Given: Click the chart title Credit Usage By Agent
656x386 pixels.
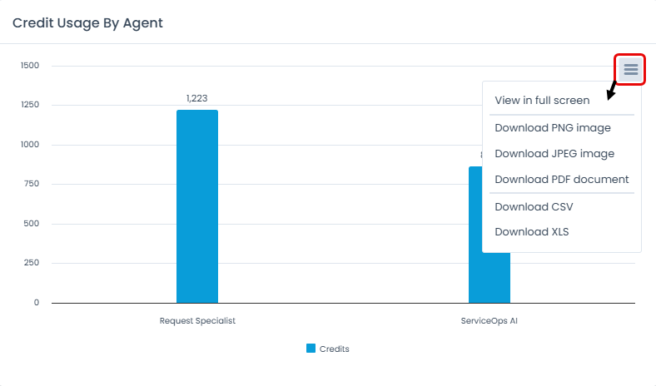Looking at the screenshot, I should click(x=87, y=22).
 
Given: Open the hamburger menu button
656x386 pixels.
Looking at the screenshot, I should click(x=630, y=69).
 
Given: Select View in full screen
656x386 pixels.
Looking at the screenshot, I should click(x=542, y=100).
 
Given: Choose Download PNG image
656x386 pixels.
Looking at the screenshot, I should click(x=553, y=127).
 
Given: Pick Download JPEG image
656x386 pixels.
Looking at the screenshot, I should click(x=554, y=153).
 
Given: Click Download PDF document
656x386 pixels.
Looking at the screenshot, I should click(x=562, y=179).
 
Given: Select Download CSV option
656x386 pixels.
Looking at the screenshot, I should click(x=534, y=206).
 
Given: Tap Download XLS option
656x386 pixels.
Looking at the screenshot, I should click(x=532, y=231).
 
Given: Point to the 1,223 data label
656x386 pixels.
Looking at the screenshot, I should click(x=197, y=98).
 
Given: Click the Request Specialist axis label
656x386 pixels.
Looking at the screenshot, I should click(x=197, y=320).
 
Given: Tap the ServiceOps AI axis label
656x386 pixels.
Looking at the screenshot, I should click(x=490, y=320).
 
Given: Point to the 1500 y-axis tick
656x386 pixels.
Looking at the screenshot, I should click(x=30, y=65).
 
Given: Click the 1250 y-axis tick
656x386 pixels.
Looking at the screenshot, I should click(x=30, y=105).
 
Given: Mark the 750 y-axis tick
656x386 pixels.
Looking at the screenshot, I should click(x=32, y=184).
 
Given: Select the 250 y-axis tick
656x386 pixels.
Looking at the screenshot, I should click(x=32, y=263).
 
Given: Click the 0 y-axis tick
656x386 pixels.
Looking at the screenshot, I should click(x=37, y=303).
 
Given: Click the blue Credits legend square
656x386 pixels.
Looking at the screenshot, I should click(x=311, y=349).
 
